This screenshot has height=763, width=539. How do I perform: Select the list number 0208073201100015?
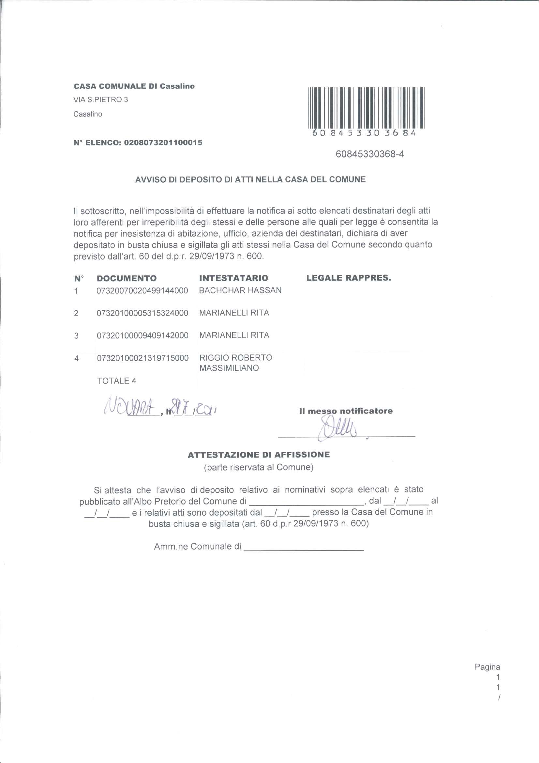pos(163,143)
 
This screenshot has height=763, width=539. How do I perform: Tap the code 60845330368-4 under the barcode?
pos(370,154)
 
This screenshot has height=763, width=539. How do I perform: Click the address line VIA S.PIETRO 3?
pos(101,100)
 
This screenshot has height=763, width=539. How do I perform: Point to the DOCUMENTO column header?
pos(127,278)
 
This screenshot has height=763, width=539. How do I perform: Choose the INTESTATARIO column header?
pos(233,278)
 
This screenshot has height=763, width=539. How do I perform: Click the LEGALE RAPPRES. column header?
pos(349,278)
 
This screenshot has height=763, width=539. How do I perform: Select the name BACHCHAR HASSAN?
pos(240,290)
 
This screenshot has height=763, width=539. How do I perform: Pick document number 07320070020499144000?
pos(142,291)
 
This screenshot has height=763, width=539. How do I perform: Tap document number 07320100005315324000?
pos(142,313)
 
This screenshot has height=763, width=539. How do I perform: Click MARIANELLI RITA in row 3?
pos(234,335)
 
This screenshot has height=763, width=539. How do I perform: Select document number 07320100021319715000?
pos(142,358)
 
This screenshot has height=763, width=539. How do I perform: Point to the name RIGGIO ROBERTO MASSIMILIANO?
pos(235,363)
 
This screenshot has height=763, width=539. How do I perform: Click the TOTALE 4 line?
pos(116,381)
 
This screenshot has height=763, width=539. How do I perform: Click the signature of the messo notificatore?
pos(337,428)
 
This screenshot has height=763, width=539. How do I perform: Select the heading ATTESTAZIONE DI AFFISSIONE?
pos(259,455)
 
